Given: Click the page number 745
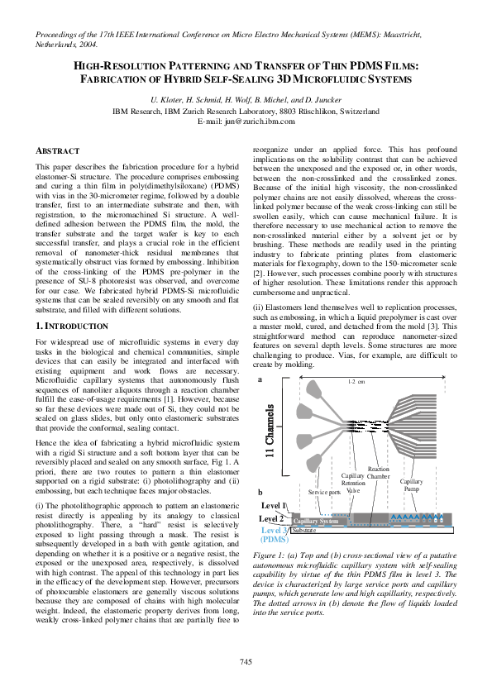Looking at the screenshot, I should pyautogui.click(x=246, y=661).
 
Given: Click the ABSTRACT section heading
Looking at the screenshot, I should pyautogui.click(x=58, y=151).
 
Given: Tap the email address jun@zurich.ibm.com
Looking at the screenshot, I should pyautogui.click(x=246, y=122).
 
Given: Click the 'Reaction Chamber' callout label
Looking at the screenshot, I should pyautogui.click(x=378, y=472).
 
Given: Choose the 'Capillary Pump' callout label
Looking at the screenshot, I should pyautogui.click(x=411, y=485).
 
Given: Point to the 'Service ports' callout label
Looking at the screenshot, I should pyautogui.click(x=324, y=492).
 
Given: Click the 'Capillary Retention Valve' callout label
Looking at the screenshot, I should pyautogui.click(x=353, y=484).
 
